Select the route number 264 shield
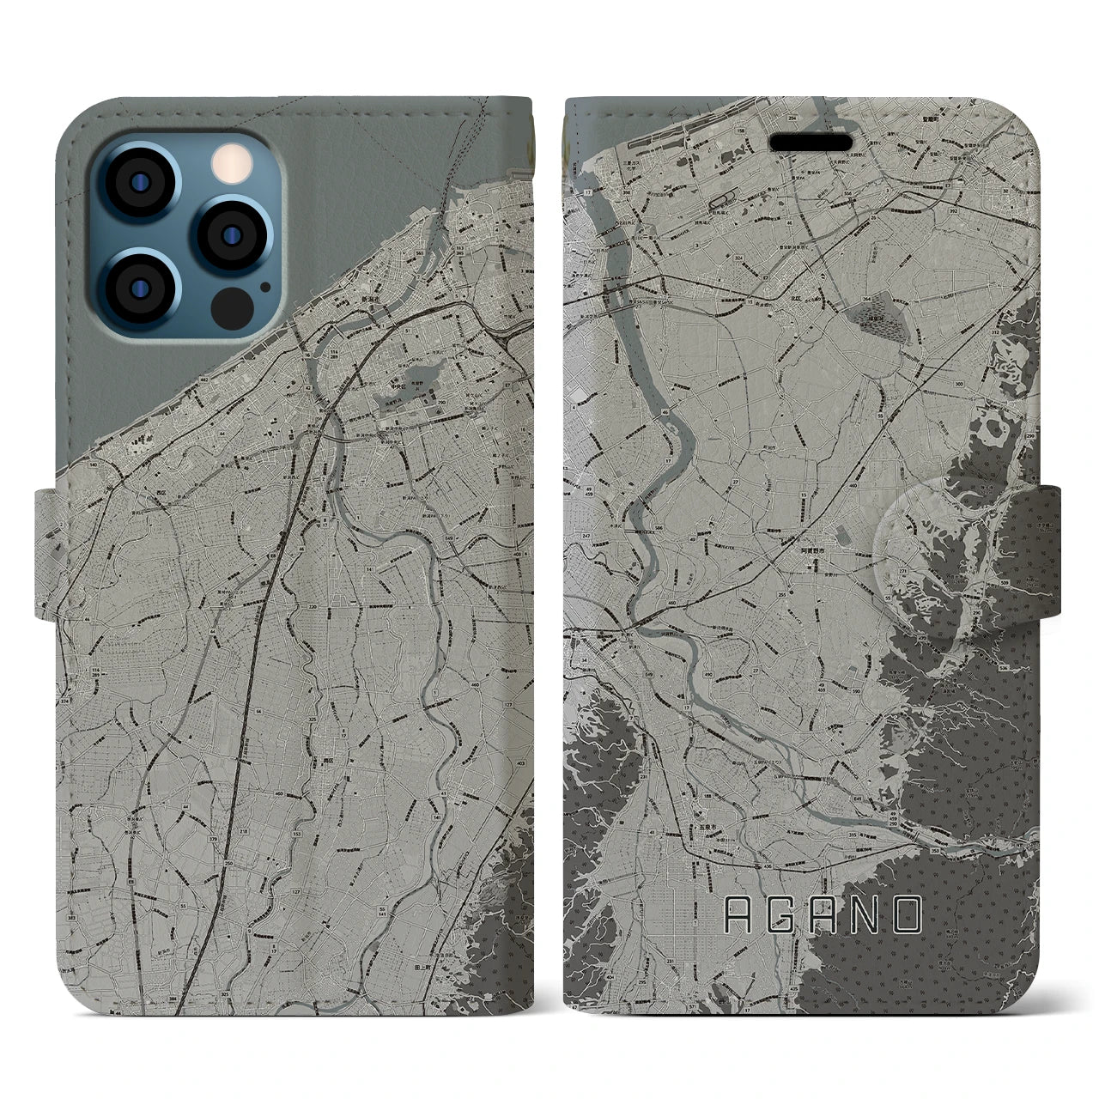[x=865, y=297]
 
